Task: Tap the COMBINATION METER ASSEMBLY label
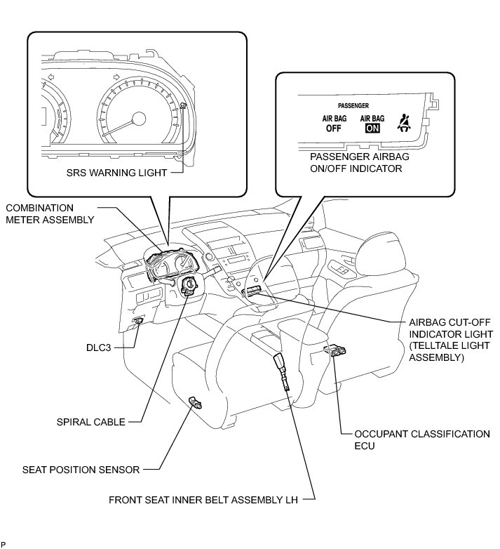[49, 213]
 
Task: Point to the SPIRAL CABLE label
[91, 422]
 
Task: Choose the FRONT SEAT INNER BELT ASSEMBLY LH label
[203, 501]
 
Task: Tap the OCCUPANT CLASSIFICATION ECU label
[422, 439]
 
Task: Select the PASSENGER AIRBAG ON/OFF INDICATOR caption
[359, 163]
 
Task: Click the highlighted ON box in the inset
[372, 128]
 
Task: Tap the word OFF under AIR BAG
[333, 128]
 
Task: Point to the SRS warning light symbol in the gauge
[183, 106]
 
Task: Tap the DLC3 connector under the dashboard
[138, 322]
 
